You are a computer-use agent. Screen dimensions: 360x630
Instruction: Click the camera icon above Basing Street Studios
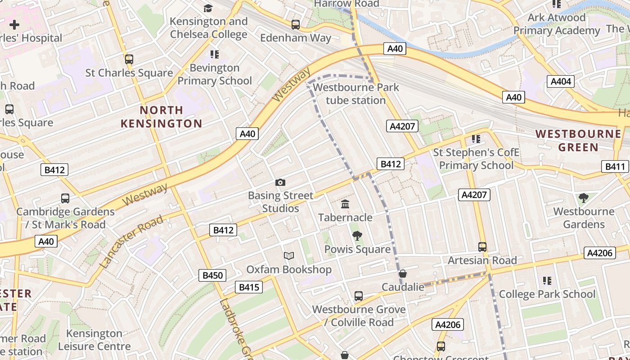click(x=280, y=182)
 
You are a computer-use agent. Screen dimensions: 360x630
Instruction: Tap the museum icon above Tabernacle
click(x=345, y=204)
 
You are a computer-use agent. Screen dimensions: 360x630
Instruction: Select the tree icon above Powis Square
click(x=357, y=235)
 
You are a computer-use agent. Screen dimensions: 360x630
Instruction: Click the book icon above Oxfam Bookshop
click(x=289, y=256)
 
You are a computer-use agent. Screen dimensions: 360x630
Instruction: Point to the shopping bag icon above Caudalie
click(x=403, y=274)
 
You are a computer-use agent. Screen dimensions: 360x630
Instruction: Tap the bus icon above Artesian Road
click(x=482, y=247)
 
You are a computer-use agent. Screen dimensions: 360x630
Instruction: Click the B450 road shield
click(x=212, y=275)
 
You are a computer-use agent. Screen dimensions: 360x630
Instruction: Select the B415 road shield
click(x=248, y=287)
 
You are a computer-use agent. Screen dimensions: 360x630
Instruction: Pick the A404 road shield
click(x=561, y=81)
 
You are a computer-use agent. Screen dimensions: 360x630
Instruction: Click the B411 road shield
click(x=615, y=166)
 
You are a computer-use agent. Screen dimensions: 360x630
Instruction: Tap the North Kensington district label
click(x=161, y=117)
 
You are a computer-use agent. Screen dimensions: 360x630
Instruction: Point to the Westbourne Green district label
click(x=578, y=140)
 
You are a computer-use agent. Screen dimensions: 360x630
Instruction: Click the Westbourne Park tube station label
click(x=355, y=94)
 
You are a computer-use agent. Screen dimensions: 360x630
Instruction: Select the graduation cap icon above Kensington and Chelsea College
click(x=208, y=8)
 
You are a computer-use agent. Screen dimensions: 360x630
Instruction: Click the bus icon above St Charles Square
click(x=129, y=59)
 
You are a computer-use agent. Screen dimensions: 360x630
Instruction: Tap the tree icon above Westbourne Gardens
click(x=583, y=198)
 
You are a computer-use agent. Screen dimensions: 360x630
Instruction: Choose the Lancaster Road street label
click(x=131, y=242)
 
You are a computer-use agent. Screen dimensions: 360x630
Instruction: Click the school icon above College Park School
click(x=547, y=281)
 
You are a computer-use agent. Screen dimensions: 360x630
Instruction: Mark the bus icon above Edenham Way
click(x=296, y=24)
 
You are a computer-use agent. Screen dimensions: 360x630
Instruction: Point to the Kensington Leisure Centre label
click(x=94, y=340)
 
